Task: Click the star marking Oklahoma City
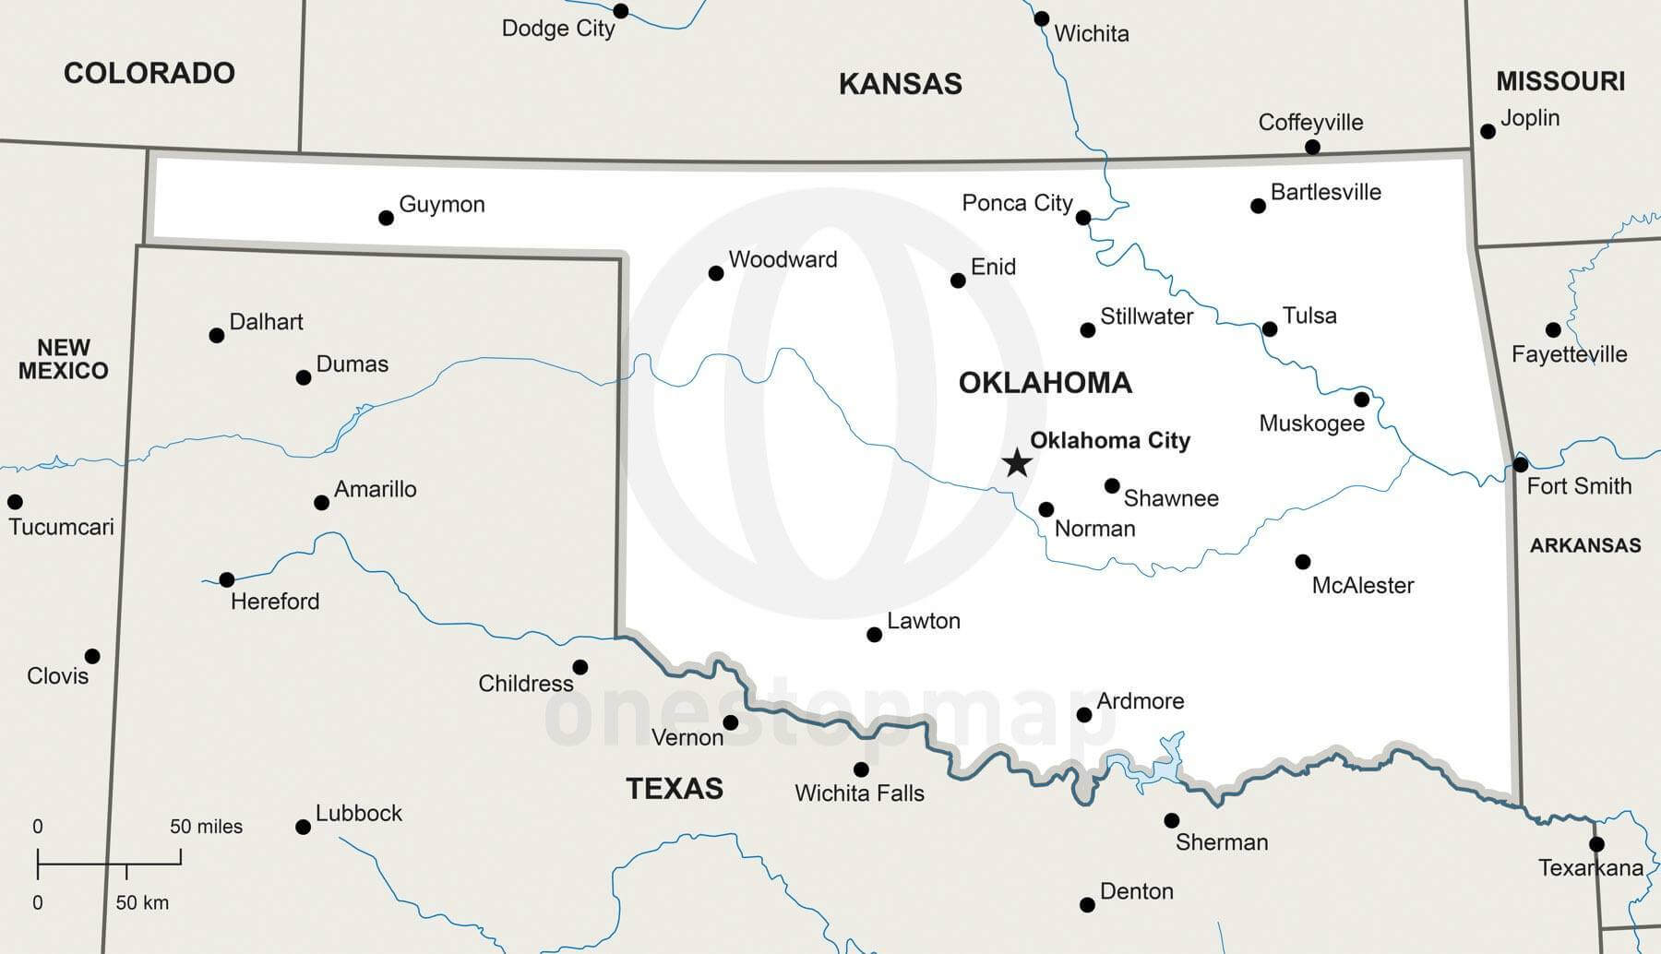[x=1017, y=462]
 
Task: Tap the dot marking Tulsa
[x=1270, y=329]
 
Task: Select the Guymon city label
[x=441, y=204]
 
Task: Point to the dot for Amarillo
[x=321, y=503]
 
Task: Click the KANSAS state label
[x=900, y=84]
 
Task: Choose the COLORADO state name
[x=149, y=73]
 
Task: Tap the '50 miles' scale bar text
[x=206, y=827]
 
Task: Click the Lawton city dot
[x=874, y=635]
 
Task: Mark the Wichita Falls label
[x=859, y=793]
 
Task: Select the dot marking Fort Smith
[x=1521, y=464]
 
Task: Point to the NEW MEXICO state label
[x=63, y=359]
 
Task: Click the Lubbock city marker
[x=303, y=827]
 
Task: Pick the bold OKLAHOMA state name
[x=1045, y=383]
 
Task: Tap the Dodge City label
[x=557, y=29]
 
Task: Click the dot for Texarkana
[x=1596, y=844]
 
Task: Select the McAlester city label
[x=1362, y=585]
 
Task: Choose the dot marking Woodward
[x=716, y=273]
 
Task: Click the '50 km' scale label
[x=142, y=902]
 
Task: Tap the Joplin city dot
[x=1488, y=132]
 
